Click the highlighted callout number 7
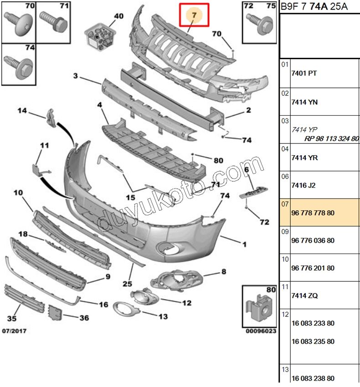(194, 15)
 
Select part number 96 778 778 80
(313, 213)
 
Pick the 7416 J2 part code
(303, 185)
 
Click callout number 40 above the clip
(118, 16)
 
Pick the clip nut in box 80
(258, 310)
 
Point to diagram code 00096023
(261, 331)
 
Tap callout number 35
(12, 318)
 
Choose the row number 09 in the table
(285, 231)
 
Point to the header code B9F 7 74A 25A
(314, 6)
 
